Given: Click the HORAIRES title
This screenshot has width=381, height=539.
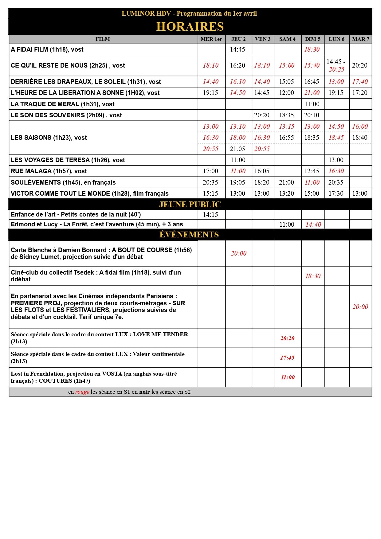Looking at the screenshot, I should [190, 27].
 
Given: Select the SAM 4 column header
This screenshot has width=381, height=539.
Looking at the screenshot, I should [287, 39].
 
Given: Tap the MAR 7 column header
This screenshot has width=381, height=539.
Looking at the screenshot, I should [360, 39].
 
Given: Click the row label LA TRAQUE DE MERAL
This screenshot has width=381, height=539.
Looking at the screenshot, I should [62, 104].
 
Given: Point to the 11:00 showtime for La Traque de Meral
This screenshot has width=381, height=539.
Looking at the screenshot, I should [312, 104].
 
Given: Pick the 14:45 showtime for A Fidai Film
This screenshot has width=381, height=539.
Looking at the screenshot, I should [238, 49].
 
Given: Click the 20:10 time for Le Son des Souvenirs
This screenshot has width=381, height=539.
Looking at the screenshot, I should [312, 115].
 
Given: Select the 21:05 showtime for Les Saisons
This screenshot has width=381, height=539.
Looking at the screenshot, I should [238, 149].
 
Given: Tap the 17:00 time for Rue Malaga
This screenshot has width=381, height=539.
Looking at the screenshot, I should [210, 171].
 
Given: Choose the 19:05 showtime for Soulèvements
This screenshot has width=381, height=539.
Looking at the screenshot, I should [238, 182].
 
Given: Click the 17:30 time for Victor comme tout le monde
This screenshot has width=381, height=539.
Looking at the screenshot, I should [336, 193].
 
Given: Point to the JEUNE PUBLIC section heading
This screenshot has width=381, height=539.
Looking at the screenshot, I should [190, 205].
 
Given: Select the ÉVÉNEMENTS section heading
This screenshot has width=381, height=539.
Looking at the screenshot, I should [189, 235].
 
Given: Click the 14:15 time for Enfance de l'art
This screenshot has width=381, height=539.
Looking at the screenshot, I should [210, 215].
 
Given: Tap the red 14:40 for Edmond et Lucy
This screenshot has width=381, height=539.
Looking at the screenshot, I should [313, 225].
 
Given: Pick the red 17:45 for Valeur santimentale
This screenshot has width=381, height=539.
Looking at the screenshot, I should [287, 358].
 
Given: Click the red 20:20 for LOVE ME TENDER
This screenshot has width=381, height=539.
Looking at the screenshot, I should [287, 338].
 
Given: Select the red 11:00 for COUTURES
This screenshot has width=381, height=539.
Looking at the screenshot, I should [288, 377].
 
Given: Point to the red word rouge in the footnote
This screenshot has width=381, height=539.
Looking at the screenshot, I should [82, 392].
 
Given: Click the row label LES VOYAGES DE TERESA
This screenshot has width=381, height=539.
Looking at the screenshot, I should [68, 160].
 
